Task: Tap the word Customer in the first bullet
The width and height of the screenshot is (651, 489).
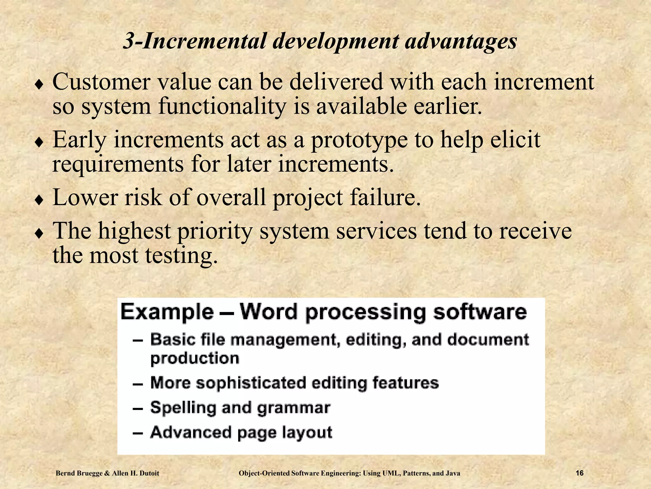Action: tap(101, 82)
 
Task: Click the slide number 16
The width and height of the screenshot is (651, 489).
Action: tap(579, 473)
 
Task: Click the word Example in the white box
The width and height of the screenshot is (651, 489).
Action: tap(167, 312)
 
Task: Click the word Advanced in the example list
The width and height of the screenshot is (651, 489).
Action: tap(191, 432)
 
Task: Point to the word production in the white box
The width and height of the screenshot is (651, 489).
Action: tap(195, 359)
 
